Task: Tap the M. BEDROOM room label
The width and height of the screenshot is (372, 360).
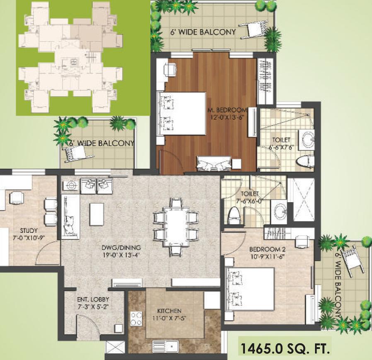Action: pos(227,110)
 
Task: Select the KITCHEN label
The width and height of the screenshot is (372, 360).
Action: pos(169,311)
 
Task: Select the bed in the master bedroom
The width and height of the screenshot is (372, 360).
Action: pos(182,113)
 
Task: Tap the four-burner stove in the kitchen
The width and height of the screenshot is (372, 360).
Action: pos(136,318)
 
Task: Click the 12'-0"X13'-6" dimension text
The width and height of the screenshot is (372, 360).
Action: pos(227,117)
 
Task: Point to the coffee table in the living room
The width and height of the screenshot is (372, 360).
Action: pos(97,214)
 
